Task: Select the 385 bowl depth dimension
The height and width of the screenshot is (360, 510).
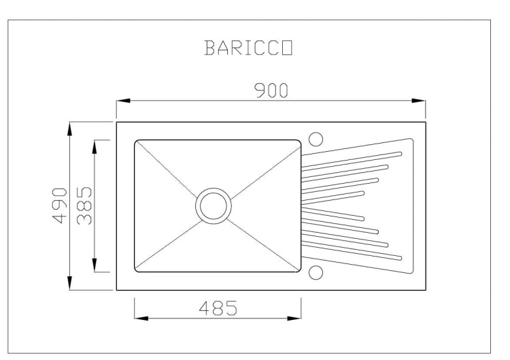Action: click(84, 206)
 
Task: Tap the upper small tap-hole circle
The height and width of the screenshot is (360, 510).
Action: click(316, 138)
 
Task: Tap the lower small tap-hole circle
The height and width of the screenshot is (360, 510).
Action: click(316, 273)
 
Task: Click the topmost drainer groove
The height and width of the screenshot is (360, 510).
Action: click(354, 156)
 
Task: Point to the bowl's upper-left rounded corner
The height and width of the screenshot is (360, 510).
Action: click(137, 143)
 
